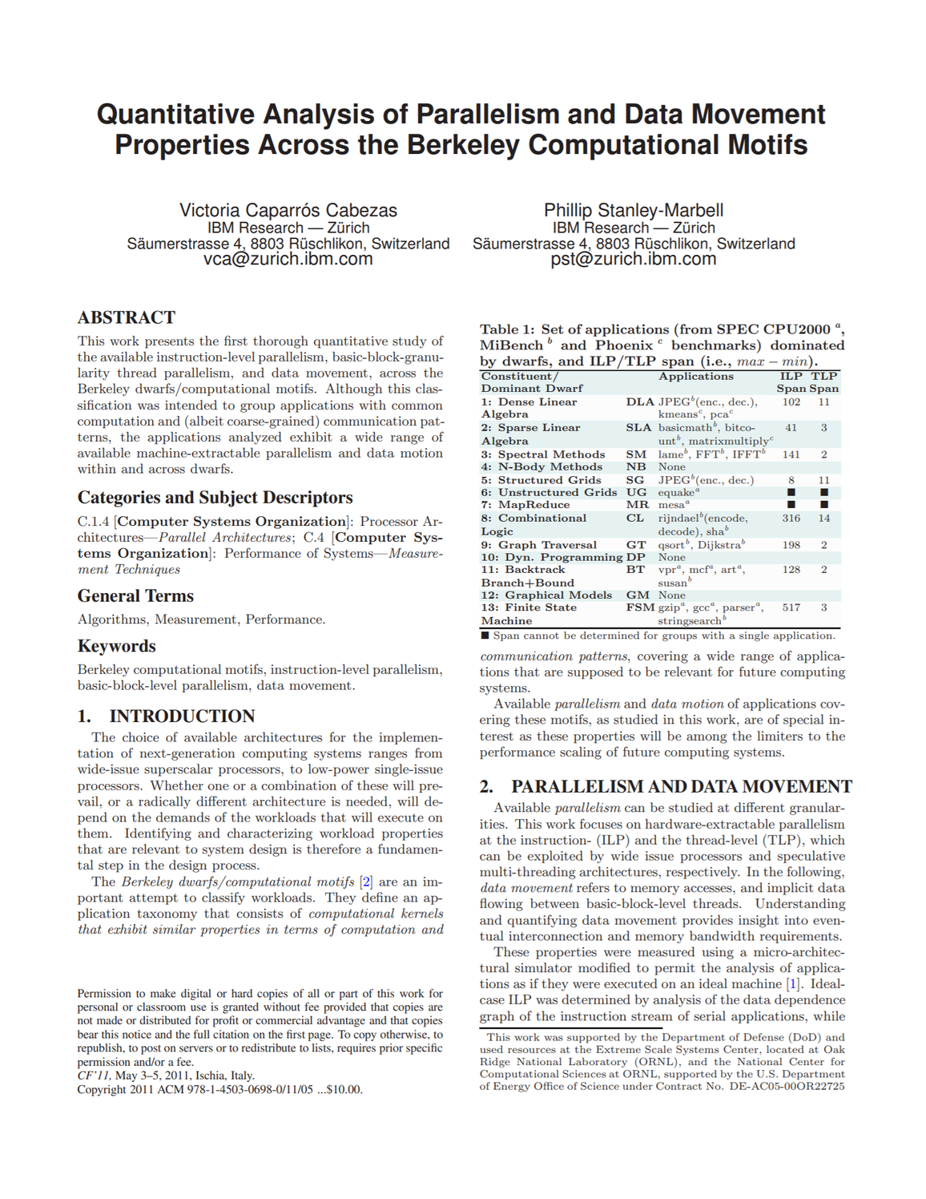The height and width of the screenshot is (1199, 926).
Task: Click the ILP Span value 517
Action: pyautogui.click(x=791, y=608)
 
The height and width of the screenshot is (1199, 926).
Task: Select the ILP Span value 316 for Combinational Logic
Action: pyautogui.click(x=791, y=519)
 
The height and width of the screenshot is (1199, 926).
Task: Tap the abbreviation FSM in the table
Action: pyautogui.click(x=640, y=608)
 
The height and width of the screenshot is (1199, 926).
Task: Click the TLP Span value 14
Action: pyautogui.click(x=823, y=519)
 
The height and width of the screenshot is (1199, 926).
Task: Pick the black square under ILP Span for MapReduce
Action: pyautogui.click(x=791, y=505)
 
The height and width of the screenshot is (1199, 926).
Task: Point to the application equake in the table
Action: pyautogui.click(x=677, y=492)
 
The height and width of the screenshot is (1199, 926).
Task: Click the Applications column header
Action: pyautogui.click(x=695, y=376)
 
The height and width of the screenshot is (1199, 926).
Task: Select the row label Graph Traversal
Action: pyautogui.click(x=547, y=545)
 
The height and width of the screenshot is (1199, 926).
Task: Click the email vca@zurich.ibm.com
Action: pyautogui.click(x=288, y=259)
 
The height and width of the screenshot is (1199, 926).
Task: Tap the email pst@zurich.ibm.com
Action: pyautogui.click(x=633, y=259)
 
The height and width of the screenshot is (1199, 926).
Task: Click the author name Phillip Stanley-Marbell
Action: pyautogui.click(x=633, y=210)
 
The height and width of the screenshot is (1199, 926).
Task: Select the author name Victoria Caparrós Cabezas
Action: pyautogui.click(x=288, y=210)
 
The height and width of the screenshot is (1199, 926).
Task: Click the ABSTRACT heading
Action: pyautogui.click(x=126, y=317)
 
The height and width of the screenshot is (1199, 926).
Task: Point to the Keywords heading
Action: pyautogui.click(x=116, y=646)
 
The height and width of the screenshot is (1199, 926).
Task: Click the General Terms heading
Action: pyautogui.click(x=135, y=596)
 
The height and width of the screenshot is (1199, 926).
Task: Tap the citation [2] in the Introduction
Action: pyautogui.click(x=366, y=882)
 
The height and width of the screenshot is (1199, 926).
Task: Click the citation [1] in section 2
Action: pyautogui.click(x=793, y=984)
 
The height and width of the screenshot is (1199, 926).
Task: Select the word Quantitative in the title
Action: pyautogui.click(x=175, y=115)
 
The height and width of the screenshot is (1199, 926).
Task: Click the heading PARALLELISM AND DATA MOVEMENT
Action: pyautogui.click(x=681, y=786)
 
